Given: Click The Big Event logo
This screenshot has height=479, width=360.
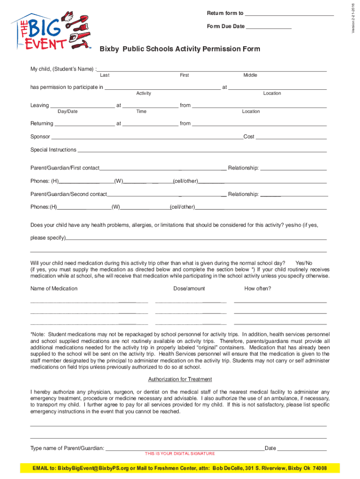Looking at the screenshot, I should (53, 30).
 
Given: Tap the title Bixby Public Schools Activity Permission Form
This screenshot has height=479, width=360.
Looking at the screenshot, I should (180, 49).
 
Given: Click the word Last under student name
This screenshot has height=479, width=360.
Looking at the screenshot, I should (105, 75).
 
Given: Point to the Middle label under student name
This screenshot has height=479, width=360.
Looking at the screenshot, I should (250, 75).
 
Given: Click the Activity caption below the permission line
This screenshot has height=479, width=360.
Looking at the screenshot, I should (144, 94).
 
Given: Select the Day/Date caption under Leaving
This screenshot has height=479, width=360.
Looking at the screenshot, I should (67, 111).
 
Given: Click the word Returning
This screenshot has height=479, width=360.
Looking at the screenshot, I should (42, 123).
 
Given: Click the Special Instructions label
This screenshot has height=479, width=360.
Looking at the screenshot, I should (53, 150).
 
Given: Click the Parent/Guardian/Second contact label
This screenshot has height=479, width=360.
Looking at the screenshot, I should (69, 194).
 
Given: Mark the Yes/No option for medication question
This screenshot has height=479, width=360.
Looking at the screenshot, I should (304, 263).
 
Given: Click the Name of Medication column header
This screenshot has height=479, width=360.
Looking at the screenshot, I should (54, 289).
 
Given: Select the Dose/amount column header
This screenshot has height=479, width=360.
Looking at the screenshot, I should (189, 289).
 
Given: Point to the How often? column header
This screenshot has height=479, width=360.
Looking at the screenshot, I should (258, 289).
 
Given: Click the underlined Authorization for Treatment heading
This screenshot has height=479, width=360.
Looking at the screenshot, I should (180, 379).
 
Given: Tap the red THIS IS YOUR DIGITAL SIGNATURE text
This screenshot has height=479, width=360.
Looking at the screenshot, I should (180, 454).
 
